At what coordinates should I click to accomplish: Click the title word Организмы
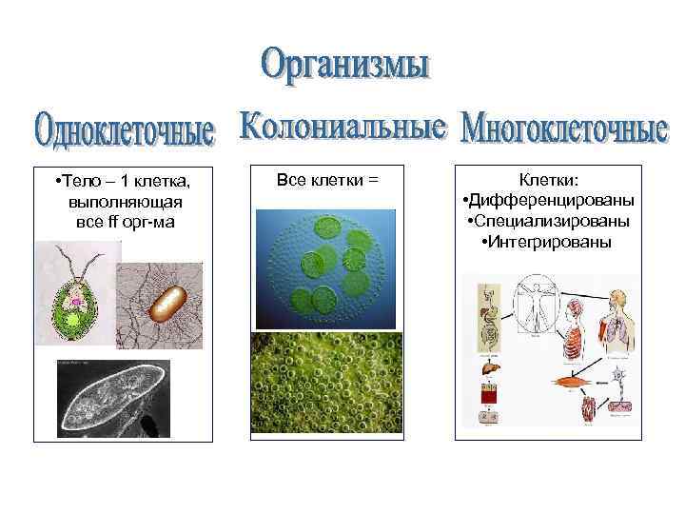click(x=345, y=66)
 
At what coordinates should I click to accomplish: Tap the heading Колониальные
click(x=342, y=127)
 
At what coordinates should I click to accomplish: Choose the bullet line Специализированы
click(x=550, y=221)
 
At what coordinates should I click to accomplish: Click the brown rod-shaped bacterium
click(x=167, y=302)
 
